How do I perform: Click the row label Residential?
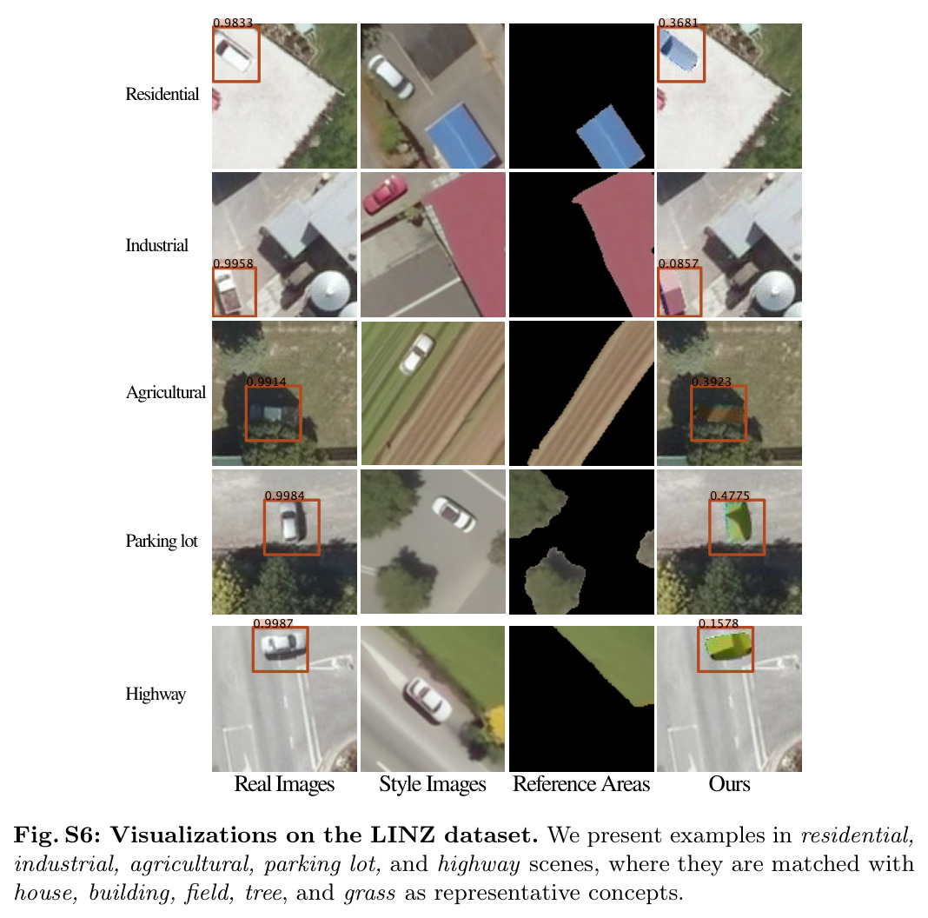(x=162, y=94)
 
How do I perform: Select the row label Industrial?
(x=156, y=245)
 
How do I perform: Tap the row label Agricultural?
(x=166, y=393)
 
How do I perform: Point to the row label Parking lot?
(x=162, y=542)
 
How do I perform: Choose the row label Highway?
(x=156, y=694)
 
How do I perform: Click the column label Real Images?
(x=284, y=784)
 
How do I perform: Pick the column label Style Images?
(x=433, y=784)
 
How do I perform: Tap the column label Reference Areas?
(x=581, y=784)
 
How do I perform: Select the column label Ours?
(x=729, y=784)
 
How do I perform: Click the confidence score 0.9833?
(x=233, y=23)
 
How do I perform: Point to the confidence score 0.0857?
(x=679, y=263)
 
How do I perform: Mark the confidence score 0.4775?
(x=730, y=496)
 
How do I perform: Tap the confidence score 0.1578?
(x=719, y=623)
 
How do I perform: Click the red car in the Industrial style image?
(x=385, y=194)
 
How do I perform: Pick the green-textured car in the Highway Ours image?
(x=727, y=646)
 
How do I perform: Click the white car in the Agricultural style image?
(x=417, y=354)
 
